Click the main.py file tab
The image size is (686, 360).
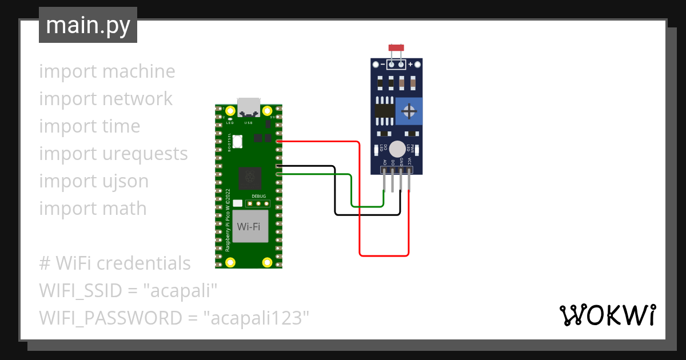[x=87, y=25]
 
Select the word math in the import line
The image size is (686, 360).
[x=125, y=209]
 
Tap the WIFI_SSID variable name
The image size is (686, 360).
[x=81, y=291]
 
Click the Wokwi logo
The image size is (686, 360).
[x=607, y=315]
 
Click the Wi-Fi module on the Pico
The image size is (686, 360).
[x=249, y=226]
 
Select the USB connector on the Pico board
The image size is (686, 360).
[x=249, y=107]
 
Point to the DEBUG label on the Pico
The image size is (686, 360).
[x=258, y=196]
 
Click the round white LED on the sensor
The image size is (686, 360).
[x=397, y=149]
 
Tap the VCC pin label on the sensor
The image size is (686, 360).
[x=409, y=162]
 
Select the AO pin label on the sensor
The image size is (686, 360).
[x=385, y=162]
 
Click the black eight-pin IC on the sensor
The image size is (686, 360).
[x=384, y=111]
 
